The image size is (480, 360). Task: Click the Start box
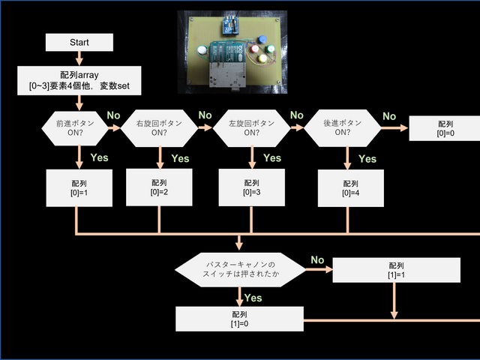79,42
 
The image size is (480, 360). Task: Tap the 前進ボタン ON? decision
79,128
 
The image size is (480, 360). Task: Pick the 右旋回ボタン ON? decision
159,128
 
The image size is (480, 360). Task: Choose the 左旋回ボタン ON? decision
250,128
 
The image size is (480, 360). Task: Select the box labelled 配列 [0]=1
79,188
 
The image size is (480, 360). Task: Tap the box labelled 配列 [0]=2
159,187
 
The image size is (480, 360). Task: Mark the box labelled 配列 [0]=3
250,187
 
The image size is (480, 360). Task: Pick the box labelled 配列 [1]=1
397,271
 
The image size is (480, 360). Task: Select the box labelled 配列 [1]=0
240,319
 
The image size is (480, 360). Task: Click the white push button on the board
202,51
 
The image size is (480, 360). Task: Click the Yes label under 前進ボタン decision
99,157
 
